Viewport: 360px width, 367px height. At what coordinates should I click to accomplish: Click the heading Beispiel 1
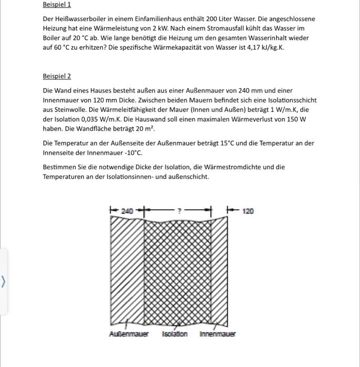[57, 5]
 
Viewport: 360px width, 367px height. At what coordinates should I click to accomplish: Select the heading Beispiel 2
[57, 76]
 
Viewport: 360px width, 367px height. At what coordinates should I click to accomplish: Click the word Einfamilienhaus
[154, 19]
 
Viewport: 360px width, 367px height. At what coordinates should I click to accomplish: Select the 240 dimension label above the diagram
[127, 211]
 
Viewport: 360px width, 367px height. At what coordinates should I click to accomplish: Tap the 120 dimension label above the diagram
[248, 211]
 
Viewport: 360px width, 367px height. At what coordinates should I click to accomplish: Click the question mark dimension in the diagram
[178, 211]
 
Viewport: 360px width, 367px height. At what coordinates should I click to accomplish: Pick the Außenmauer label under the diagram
[129, 334]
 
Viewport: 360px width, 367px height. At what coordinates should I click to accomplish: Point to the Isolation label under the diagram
[175, 334]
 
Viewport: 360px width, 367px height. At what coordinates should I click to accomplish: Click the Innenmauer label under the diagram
[217, 334]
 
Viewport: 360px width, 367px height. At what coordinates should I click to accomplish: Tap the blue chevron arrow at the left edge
[4, 282]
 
